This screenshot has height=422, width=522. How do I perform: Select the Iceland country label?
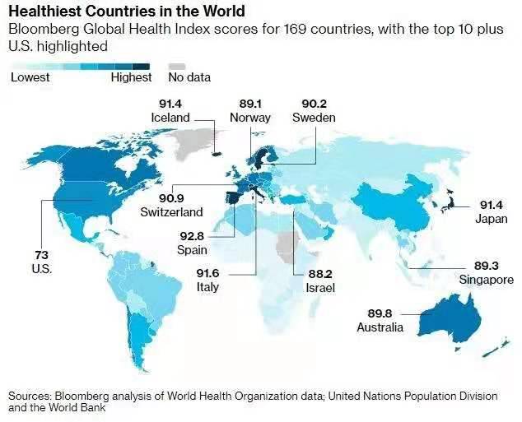click(x=170, y=118)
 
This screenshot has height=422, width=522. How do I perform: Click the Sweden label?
click(x=314, y=118)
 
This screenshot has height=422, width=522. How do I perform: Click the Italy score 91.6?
click(x=208, y=274)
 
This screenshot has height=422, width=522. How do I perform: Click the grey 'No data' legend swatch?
click(x=176, y=65)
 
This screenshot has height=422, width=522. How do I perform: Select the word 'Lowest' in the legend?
click(x=30, y=78)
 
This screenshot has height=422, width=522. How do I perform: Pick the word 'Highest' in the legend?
click(x=132, y=78)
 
